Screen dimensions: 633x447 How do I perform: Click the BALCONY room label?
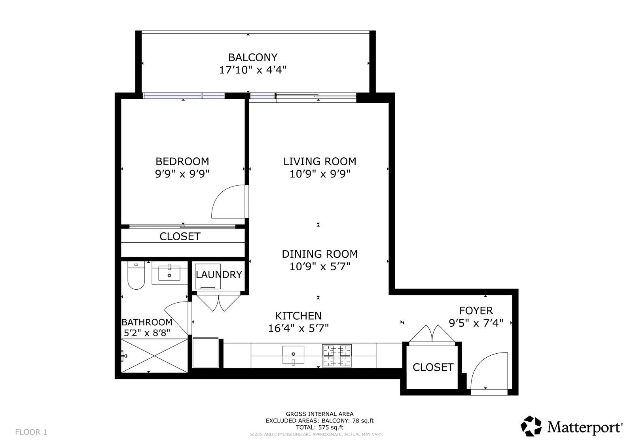(253, 57)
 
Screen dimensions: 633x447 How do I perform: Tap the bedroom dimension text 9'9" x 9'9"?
(182, 174)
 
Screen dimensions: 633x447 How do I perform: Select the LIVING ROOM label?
(320, 161)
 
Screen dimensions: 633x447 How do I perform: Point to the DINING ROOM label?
(320, 254)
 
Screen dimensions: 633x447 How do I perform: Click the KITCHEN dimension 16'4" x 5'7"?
(298, 328)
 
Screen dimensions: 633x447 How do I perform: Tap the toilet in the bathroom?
(136, 275)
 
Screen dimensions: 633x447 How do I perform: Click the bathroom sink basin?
(169, 273)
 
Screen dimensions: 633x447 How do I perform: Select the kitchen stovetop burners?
(337, 356)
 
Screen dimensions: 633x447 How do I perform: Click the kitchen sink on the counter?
(293, 355)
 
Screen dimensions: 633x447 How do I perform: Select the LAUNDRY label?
(219, 274)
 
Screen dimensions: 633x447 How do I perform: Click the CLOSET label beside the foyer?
(433, 367)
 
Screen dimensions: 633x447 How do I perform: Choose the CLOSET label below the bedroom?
(180, 236)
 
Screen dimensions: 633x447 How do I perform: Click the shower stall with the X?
(154, 356)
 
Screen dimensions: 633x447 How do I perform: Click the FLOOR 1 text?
(31, 432)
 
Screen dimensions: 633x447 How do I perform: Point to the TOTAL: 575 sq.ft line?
(319, 427)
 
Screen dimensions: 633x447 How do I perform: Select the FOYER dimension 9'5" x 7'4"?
(476, 323)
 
